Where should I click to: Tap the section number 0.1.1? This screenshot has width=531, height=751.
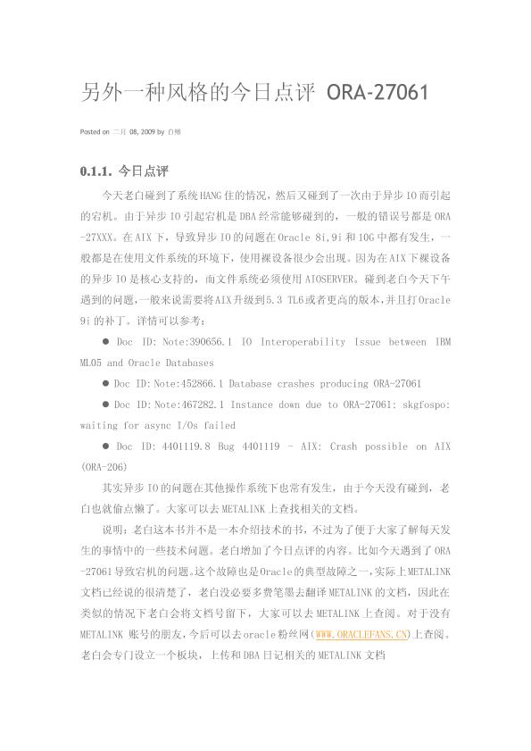(x=95, y=171)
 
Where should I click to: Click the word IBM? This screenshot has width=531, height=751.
(x=441, y=343)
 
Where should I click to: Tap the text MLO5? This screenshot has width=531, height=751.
(x=90, y=363)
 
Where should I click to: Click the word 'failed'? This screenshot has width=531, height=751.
(x=219, y=425)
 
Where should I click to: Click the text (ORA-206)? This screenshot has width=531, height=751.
(x=104, y=467)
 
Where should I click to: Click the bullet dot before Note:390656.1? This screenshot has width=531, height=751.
(x=105, y=343)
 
